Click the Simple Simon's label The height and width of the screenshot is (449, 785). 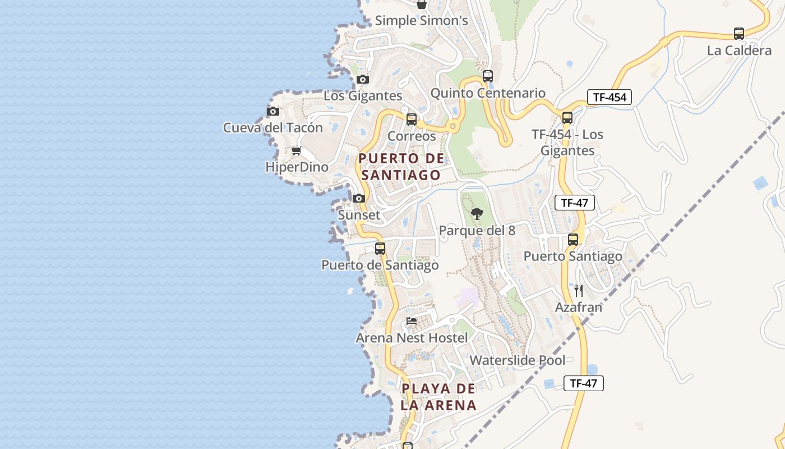(x=421, y=21)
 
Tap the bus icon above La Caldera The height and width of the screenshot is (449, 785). (x=739, y=34)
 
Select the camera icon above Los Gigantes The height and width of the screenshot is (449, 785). (x=363, y=79)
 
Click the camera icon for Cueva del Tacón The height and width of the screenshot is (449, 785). (x=273, y=111)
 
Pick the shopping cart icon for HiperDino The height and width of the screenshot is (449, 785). (x=297, y=150)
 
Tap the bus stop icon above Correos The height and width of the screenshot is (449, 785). (x=412, y=119)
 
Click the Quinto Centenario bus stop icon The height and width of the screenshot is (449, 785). (x=488, y=76)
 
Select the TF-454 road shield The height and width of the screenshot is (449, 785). (x=609, y=97)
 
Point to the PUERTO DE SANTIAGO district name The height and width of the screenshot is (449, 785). (x=401, y=167)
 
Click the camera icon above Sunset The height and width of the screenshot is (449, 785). (x=359, y=198)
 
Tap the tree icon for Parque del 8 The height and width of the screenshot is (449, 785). (x=477, y=213)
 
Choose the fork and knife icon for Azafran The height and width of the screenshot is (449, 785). (x=579, y=290)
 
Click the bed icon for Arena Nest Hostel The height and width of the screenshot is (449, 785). (x=412, y=321)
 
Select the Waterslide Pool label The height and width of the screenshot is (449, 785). (x=518, y=360)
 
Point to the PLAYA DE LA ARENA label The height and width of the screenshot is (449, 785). (x=438, y=397)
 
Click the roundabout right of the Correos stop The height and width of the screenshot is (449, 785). (x=453, y=127)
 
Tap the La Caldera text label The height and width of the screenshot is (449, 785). (x=739, y=51)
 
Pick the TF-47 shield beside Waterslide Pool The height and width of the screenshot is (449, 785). (x=583, y=383)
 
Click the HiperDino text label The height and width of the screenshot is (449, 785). (x=297, y=167)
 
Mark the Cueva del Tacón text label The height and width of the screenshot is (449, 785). (x=273, y=128)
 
